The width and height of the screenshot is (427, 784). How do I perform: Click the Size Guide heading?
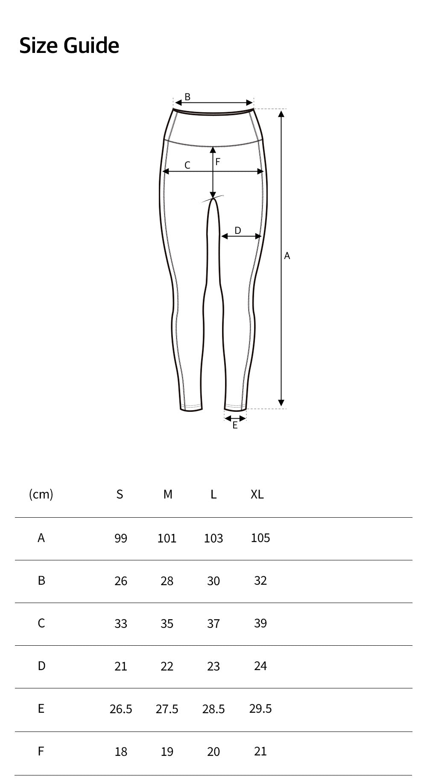tap(69, 45)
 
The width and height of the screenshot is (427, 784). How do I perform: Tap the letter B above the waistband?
tap(187, 97)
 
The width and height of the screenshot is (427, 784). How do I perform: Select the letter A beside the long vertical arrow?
tap(287, 256)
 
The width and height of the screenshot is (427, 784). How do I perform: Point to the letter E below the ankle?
tap(235, 425)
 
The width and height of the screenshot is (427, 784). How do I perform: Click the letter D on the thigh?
tap(238, 230)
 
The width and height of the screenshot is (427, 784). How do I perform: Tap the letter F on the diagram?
tap(218, 162)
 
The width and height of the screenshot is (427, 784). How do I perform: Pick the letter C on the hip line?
tap(187, 165)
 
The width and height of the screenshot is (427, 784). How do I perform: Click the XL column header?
tap(257, 494)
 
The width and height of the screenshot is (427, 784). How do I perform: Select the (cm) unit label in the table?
tap(41, 494)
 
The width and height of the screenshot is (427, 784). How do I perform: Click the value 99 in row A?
tap(121, 538)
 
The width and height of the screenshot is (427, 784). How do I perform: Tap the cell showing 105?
tap(260, 538)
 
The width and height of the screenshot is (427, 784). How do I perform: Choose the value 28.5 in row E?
tap(213, 709)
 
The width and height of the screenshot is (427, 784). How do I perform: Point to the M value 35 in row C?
tap(167, 624)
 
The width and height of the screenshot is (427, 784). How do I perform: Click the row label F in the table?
tap(41, 751)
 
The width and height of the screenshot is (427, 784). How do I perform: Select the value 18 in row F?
tap(121, 752)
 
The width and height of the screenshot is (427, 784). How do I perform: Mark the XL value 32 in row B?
tap(260, 580)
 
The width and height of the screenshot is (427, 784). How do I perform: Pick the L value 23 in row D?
tap(213, 666)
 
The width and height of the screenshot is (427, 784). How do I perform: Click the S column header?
tap(120, 494)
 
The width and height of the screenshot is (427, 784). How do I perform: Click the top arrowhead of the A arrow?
tap(281, 113)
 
